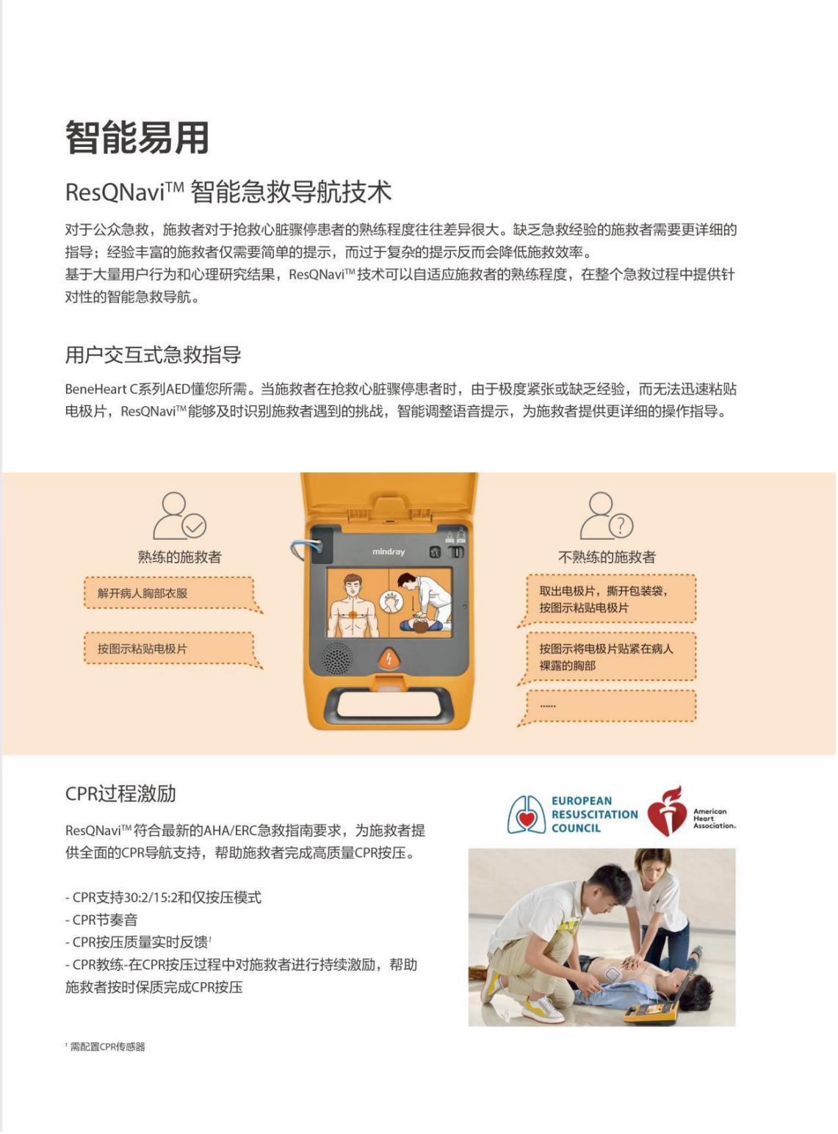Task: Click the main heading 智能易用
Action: (x=137, y=137)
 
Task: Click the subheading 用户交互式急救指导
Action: (x=153, y=355)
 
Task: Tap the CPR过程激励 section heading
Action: (x=120, y=793)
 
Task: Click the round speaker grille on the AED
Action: (x=337, y=659)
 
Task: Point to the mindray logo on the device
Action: (x=388, y=552)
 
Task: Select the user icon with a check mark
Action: (x=179, y=516)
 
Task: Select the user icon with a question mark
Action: (x=607, y=516)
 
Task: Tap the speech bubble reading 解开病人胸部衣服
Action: (x=173, y=594)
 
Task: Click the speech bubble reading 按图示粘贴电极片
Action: (x=173, y=650)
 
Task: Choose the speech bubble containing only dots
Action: (x=607, y=707)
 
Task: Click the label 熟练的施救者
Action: (x=179, y=557)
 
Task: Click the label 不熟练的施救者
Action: (x=607, y=557)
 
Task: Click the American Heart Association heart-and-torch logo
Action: (x=667, y=812)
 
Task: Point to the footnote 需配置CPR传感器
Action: (x=107, y=1047)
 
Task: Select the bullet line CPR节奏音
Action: (x=101, y=920)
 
